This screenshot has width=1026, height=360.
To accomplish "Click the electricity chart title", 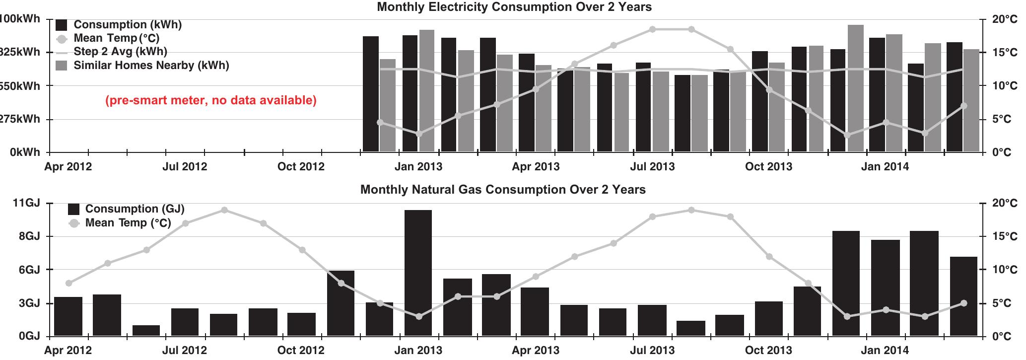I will point(514,7).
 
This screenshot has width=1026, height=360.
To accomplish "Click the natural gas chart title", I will point(502,190).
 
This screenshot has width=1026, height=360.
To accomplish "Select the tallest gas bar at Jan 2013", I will point(418,273).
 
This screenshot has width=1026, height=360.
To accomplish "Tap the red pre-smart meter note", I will point(211,100).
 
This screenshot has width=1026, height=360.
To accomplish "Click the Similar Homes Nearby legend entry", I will point(151,66).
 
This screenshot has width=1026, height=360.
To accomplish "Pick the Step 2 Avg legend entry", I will point(120,52).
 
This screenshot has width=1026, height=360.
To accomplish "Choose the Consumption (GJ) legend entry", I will point(134,209).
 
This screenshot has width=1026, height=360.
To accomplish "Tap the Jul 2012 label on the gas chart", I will point(185,350).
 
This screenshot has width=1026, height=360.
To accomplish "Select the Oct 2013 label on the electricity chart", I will point(768,167).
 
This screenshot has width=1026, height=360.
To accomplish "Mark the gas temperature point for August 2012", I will point(224,211).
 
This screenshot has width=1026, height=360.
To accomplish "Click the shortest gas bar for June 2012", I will point(146,331).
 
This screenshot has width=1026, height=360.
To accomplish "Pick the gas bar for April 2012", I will point(68,316).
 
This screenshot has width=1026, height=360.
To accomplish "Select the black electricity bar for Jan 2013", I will point(410,93).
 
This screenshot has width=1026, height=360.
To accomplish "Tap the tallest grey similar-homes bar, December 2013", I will point(855,88).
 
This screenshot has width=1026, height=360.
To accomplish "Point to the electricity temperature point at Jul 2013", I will point(652,30).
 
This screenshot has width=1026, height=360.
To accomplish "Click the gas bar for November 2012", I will point(341,303).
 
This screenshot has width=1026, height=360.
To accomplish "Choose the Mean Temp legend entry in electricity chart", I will point(116,38).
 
